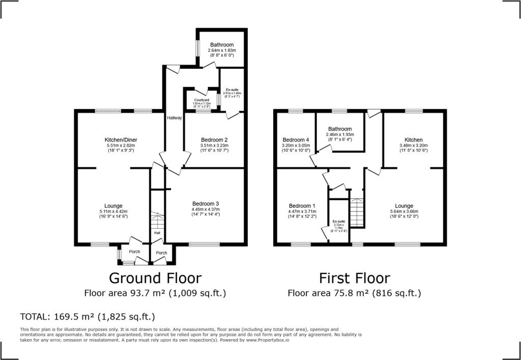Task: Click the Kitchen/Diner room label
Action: pyautogui.click(x=121, y=140)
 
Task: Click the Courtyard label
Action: pyautogui.click(x=201, y=100)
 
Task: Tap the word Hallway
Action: pyautogui.click(x=174, y=118)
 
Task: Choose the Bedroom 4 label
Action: pyautogui.click(x=296, y=140)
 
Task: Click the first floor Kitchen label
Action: pyautogui.click(x=413, y=140)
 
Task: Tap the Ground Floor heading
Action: pyautogui.click(x=155, y=278)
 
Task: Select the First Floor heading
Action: pyautogui.click(x=355, y=278)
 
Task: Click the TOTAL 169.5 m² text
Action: pyautogui.click(x=87, y=316)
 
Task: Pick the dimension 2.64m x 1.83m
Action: pyautogui.click(x=222, y=51)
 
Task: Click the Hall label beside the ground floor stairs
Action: pyautogui.click(x=157, y=234)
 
